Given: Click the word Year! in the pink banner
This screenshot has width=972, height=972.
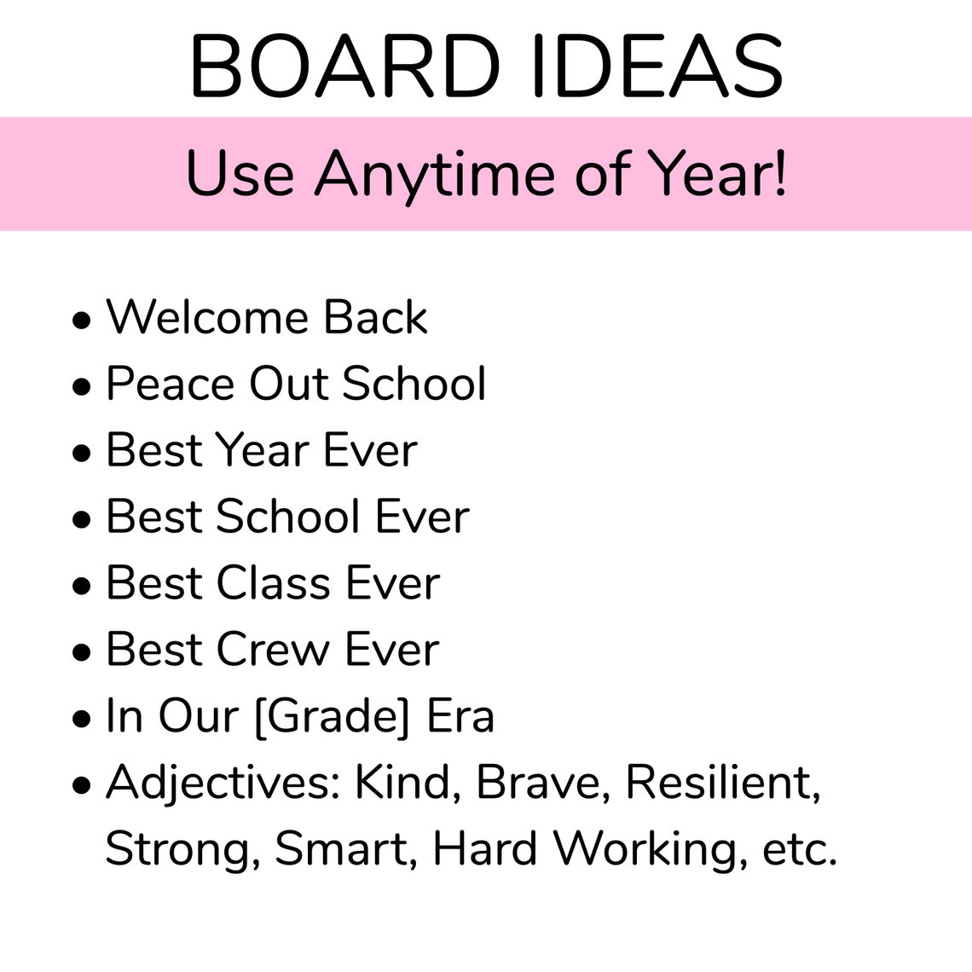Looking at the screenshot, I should click(717, 174).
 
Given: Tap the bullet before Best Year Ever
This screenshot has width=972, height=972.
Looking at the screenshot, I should click(82, 453).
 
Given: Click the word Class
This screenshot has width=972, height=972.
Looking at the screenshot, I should click(274, 583).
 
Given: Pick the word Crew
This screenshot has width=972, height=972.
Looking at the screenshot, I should click(273, 650).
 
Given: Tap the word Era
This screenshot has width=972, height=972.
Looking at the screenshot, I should click(460, 716).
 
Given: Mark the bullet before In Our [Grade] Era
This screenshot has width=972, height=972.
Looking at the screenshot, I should click(82, 719).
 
